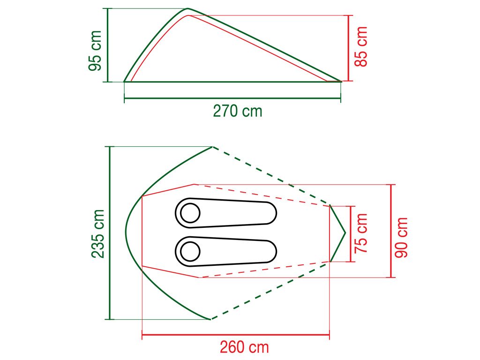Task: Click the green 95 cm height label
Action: [x=95, y=51]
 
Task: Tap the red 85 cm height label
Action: [x=361, y=46]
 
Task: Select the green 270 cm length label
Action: [x=238, y=111]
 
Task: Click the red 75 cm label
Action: [x=361, y=233]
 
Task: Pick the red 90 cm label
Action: [x=401, y=237]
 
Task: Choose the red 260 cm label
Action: [x=244, y=347]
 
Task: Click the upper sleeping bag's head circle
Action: [x=190, y=214]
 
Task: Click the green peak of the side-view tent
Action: [x=188, y=8]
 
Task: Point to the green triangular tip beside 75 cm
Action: [x=345, y=232]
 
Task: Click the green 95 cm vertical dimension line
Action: [x=108, y=45]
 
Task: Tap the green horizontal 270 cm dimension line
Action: [x=232, y=98]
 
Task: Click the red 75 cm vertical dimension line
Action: [x=350, y=233]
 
